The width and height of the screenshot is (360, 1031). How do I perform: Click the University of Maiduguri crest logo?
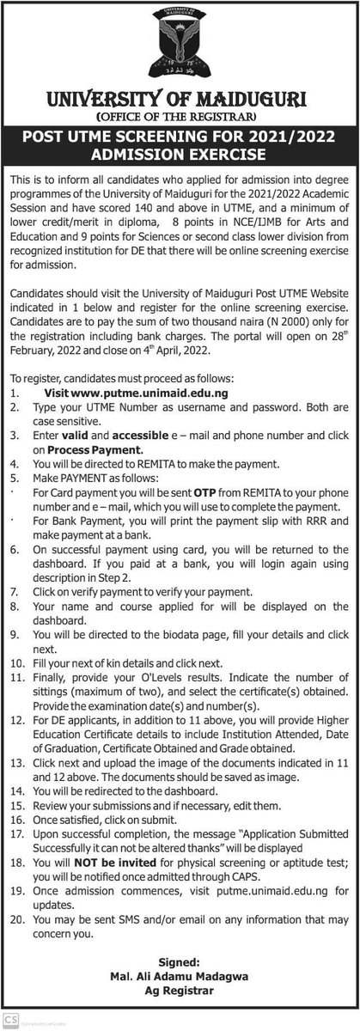coord(179,43)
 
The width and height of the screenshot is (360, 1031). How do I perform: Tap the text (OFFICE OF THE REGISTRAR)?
coord(180,115)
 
